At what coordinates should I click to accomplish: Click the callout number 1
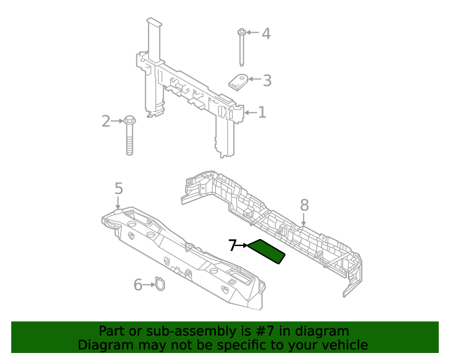click(262, 112)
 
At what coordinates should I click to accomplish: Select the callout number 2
click(106, 121)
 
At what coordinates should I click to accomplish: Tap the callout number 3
click(267, 80)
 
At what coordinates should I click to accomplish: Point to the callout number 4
click(266, 34)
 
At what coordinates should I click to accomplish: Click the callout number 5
click(119, 188)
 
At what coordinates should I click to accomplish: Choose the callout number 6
click(138, 285)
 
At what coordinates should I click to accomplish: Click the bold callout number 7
click(233, 245)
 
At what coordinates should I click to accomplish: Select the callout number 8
click(304, 205)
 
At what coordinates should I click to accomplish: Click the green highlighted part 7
click(266, 252)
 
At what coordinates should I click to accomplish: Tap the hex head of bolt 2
click(129, 120)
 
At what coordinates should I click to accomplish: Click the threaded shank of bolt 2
click(129, 140)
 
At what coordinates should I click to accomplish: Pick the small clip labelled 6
click(160, 284)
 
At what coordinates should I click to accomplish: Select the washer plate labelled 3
click(238, 82)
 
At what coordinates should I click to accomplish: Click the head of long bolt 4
click(242, 32)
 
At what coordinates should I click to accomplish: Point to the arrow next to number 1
click(250, 112)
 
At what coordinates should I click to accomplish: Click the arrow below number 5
click(118, 202)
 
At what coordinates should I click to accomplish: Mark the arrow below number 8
click(304, 219)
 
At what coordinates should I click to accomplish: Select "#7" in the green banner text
click(266, 331)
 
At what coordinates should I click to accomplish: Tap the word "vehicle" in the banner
click(348, 345)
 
